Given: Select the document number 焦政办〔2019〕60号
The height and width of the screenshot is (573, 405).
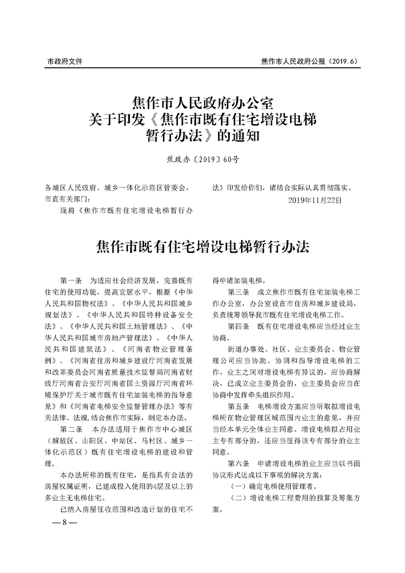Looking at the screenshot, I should pos(203,160).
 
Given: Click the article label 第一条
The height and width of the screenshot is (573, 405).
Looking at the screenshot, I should pos(71,280).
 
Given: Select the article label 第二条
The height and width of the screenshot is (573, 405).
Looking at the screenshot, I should pos(71,427).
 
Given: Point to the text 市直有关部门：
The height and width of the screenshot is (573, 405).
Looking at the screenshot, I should pos(67,199).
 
